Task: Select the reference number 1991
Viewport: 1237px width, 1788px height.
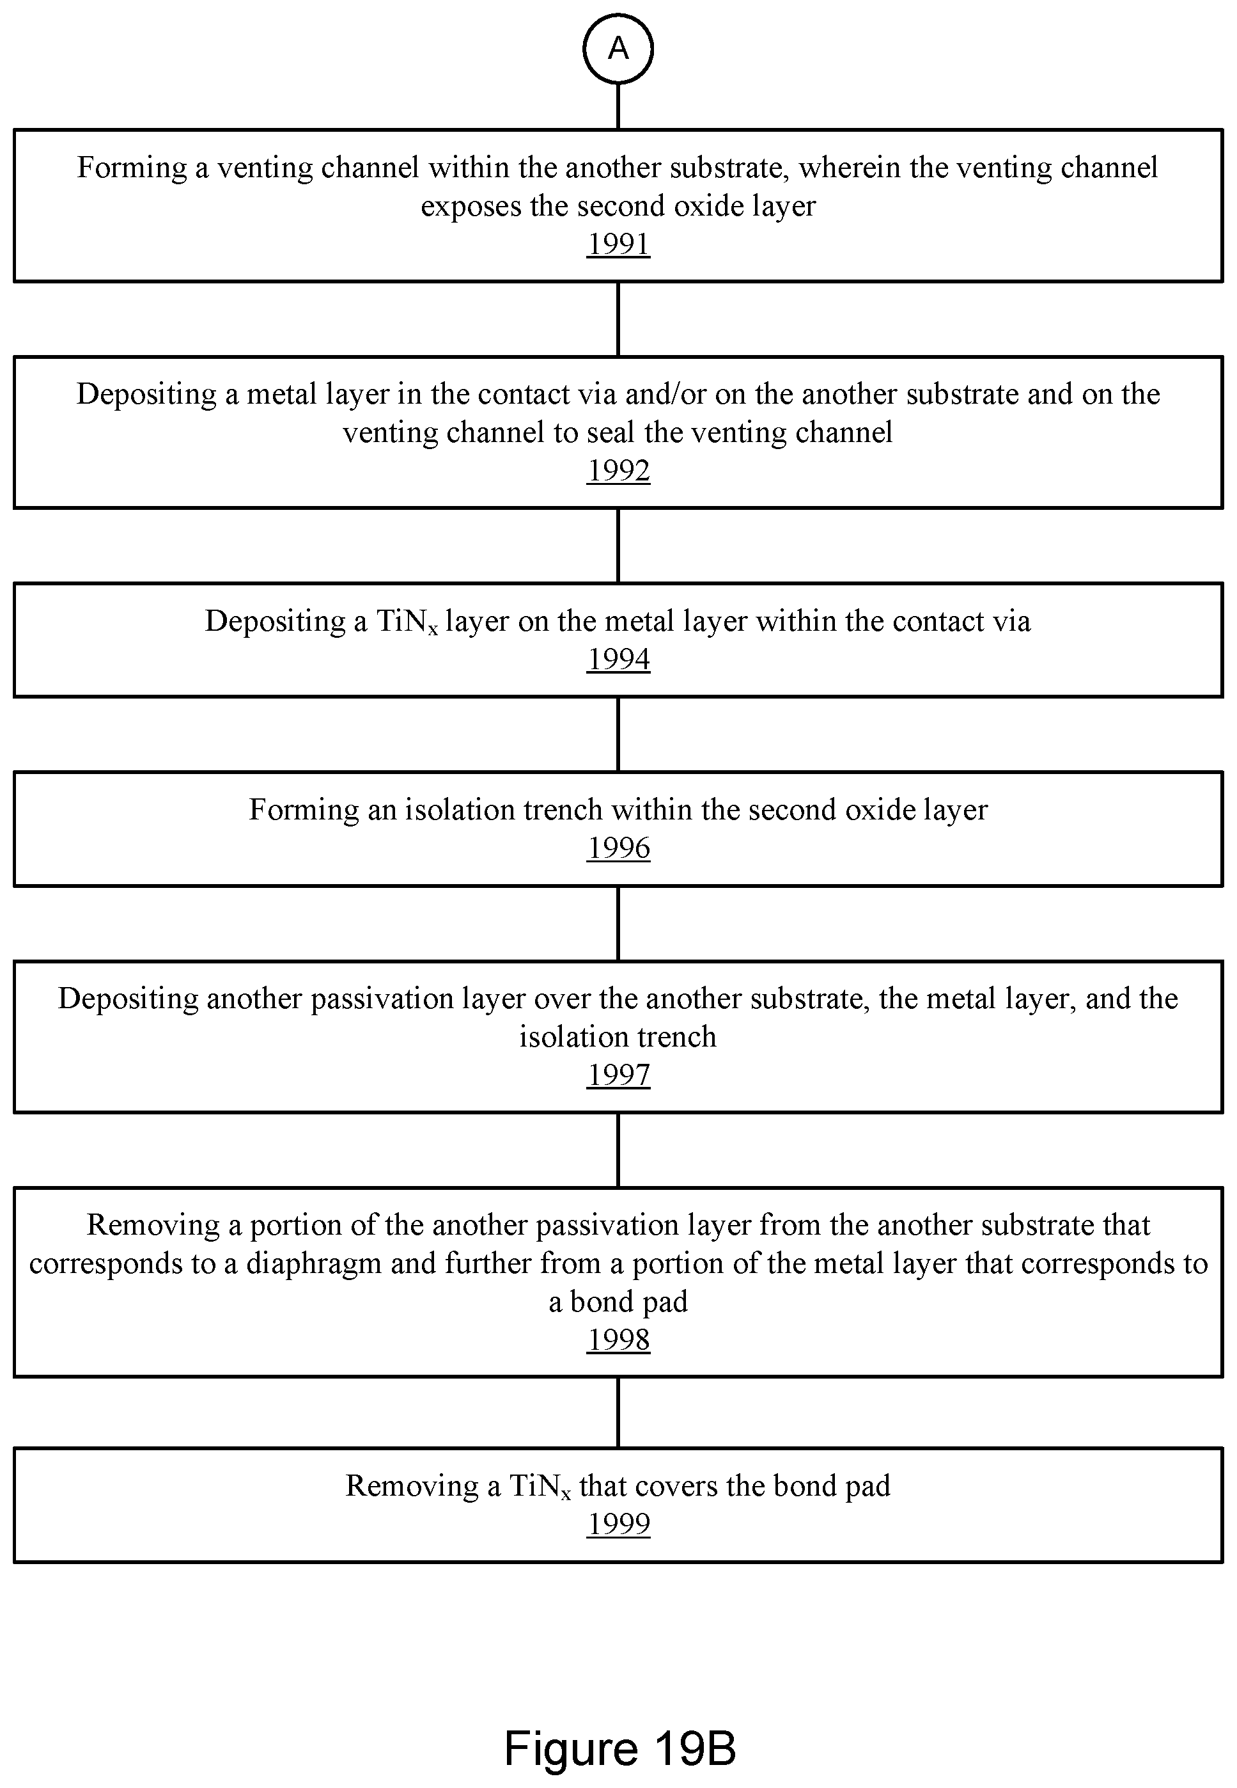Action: pos(618,244)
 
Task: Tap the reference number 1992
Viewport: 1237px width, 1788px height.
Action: pos(618,471)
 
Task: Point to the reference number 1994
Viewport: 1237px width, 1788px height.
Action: pos(618,659)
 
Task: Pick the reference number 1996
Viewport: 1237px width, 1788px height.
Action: pos(618,848)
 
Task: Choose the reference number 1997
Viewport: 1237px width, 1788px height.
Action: pos(618,1075)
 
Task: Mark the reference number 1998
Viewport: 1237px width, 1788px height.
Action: pos(618,1339)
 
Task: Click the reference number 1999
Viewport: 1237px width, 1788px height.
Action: pos(618,1524)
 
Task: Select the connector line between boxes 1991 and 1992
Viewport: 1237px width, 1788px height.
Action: pos(618,319)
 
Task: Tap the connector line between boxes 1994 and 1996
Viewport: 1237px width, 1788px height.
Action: pos(618,734)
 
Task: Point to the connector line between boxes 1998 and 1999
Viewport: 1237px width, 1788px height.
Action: pos(618,1412)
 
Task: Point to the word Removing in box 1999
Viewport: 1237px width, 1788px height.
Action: pos(412,1487)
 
